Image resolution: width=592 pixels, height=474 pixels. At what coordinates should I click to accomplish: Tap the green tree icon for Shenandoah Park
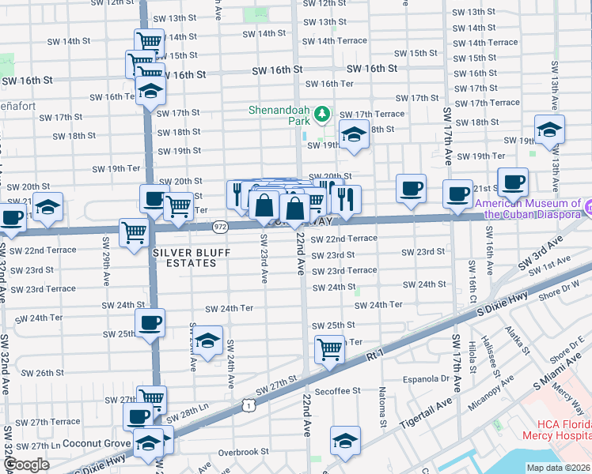coord(321,115)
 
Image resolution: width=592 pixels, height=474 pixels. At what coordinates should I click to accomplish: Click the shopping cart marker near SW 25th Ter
coord(329,348)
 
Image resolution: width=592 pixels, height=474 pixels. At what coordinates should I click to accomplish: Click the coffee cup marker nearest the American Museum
coord(512,182)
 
